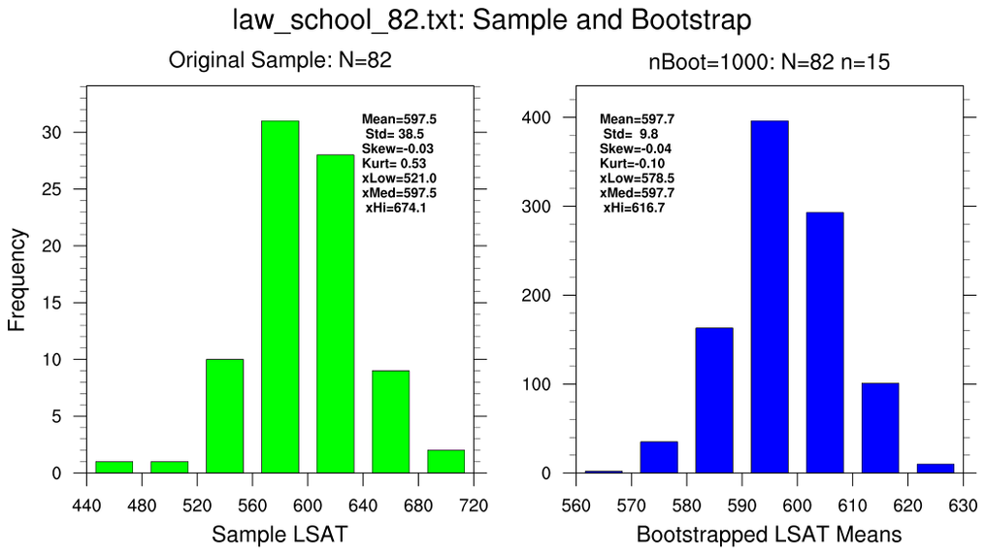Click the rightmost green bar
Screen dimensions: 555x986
point(445,462)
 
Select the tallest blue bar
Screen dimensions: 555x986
point(769,296)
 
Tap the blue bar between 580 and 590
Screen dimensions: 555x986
point(713,400)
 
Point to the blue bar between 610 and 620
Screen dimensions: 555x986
point(879,428)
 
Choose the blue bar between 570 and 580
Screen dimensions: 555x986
point(658,457)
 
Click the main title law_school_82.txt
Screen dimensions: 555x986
point(492,20)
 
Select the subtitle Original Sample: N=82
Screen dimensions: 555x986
point(279,61)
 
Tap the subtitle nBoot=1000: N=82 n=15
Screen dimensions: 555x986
point(769,63)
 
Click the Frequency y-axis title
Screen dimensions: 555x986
point(16,279)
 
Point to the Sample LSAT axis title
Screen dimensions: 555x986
point(279,534)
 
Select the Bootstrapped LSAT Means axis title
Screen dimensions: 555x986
point(769,534)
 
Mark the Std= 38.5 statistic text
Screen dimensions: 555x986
point(393,134)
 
